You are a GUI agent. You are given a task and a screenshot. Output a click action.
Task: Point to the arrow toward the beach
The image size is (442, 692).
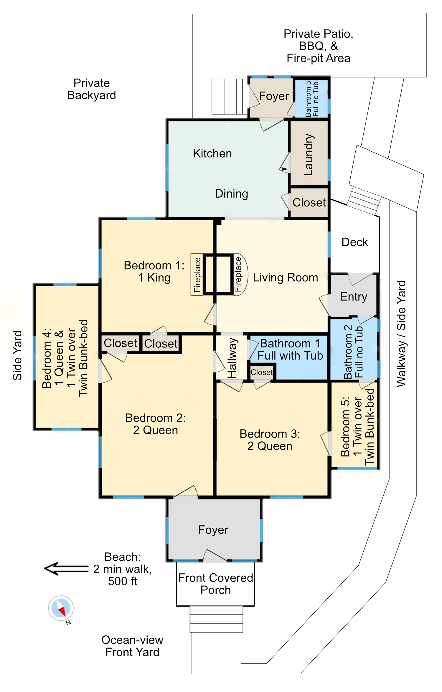click(66, 569)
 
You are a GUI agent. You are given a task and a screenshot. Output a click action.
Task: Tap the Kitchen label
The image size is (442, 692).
click(212, 153)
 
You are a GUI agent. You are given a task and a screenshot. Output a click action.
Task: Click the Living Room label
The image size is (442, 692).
click(286, 277)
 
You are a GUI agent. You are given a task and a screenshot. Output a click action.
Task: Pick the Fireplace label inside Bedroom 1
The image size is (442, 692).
click(197, 274)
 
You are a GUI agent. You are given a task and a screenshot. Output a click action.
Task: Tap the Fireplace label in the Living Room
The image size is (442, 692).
click(238, 274)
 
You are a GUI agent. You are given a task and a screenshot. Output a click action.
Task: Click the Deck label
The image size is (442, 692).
click(355, 242)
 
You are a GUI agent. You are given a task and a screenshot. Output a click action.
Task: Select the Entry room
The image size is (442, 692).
click(353, 296)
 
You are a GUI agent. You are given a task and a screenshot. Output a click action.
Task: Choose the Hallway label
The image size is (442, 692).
click(232, 357)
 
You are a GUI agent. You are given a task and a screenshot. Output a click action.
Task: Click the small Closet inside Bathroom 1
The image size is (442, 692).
click(262, 372)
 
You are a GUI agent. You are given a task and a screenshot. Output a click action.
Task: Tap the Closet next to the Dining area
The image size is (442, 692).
click(309, 202)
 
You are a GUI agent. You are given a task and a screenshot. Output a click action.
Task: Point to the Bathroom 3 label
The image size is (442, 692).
click(312, 99)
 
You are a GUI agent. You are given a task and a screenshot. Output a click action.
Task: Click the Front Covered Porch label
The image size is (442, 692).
click(216, 584)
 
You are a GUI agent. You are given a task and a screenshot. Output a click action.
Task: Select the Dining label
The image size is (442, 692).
click(232, 194)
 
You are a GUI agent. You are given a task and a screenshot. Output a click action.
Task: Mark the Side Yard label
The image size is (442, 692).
click(17, 355)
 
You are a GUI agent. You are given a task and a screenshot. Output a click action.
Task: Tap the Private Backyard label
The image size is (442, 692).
click(92, 89)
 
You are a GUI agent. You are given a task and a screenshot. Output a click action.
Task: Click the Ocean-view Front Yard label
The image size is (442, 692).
click(132, 646)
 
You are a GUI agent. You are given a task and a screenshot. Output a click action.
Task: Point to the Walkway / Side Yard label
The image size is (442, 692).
click(401, 334)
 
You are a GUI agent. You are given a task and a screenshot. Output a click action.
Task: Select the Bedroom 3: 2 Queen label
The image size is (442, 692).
click(270, 440)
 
